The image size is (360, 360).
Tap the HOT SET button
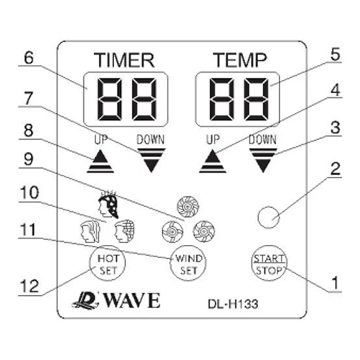(105, 264)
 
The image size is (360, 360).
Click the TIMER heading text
(124, 60)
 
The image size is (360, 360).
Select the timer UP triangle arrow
(101, 161)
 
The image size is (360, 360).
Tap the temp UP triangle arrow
(213, 161)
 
